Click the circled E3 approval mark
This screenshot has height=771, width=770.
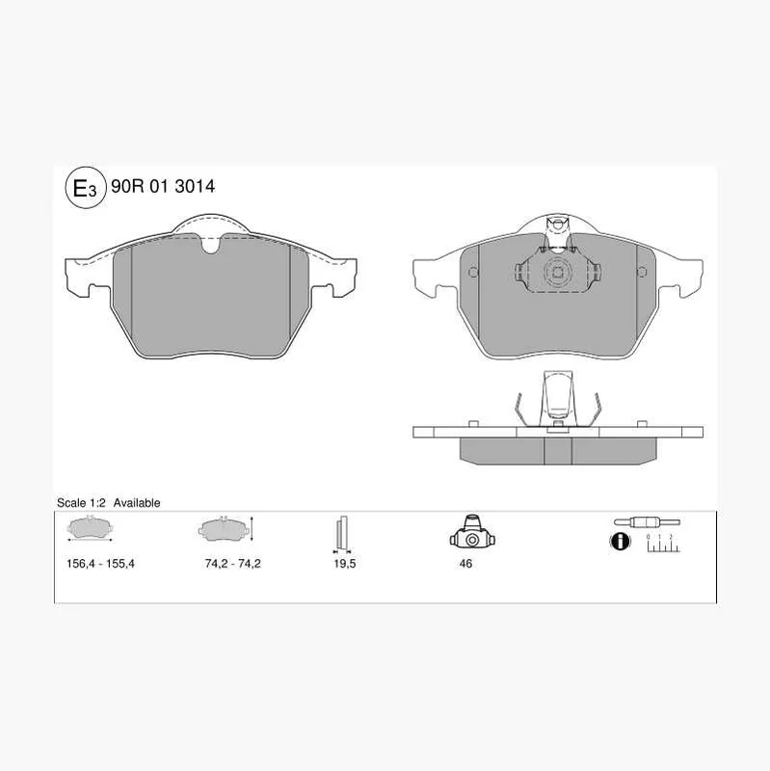click(86, 188)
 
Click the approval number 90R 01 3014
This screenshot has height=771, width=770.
click(163, 186)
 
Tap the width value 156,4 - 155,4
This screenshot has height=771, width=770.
click(100, 564)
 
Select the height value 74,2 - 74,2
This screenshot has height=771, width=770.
click(232, 564)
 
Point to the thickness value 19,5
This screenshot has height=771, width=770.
click(344, 564)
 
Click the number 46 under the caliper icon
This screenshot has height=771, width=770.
click(465, 564)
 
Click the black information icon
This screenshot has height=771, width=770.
click(620, 542)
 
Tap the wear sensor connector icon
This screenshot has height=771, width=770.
click(647, 522)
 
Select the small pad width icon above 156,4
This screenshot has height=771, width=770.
click(90, 528)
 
